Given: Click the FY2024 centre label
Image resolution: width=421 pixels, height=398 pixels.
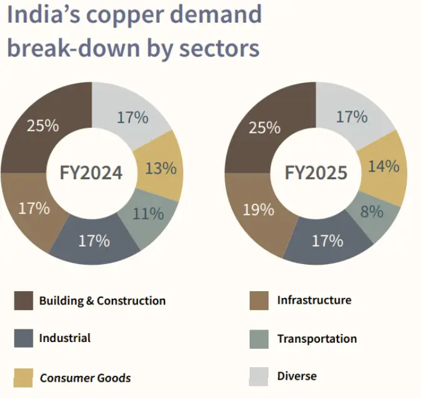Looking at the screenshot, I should pos(91,172).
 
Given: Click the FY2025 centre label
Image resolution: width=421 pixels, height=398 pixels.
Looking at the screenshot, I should pos(316,172).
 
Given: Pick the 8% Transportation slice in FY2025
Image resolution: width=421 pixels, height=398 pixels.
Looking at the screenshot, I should pos(371,212).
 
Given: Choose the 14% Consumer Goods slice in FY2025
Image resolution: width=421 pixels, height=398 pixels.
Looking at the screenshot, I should pos(384,167).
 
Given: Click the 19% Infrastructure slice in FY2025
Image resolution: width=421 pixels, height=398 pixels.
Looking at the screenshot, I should pos(258,209).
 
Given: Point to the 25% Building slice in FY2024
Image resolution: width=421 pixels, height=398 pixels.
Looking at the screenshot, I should pos(43,125).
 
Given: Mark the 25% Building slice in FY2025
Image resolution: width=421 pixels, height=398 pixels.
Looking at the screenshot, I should pos(265,128).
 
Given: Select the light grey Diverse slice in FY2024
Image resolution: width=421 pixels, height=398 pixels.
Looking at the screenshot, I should pos(132,117).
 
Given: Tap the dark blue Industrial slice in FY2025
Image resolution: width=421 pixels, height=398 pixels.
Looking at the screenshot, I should pos(327,241).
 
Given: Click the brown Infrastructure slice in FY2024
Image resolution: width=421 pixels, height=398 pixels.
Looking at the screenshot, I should pos(34,208).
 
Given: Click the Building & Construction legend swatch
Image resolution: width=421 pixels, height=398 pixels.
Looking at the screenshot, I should pos(24,301).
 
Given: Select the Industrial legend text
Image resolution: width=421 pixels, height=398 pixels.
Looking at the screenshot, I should pos(65,338).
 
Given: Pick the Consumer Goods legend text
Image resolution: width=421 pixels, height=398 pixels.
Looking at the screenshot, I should pos(85,378).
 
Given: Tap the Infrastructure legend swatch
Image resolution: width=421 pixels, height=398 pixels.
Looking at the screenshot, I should pos(258,301).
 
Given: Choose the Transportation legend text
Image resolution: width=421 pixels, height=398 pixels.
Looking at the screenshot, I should pos(317,339).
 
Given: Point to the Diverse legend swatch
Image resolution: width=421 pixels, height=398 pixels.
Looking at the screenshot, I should pos(258,377).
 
